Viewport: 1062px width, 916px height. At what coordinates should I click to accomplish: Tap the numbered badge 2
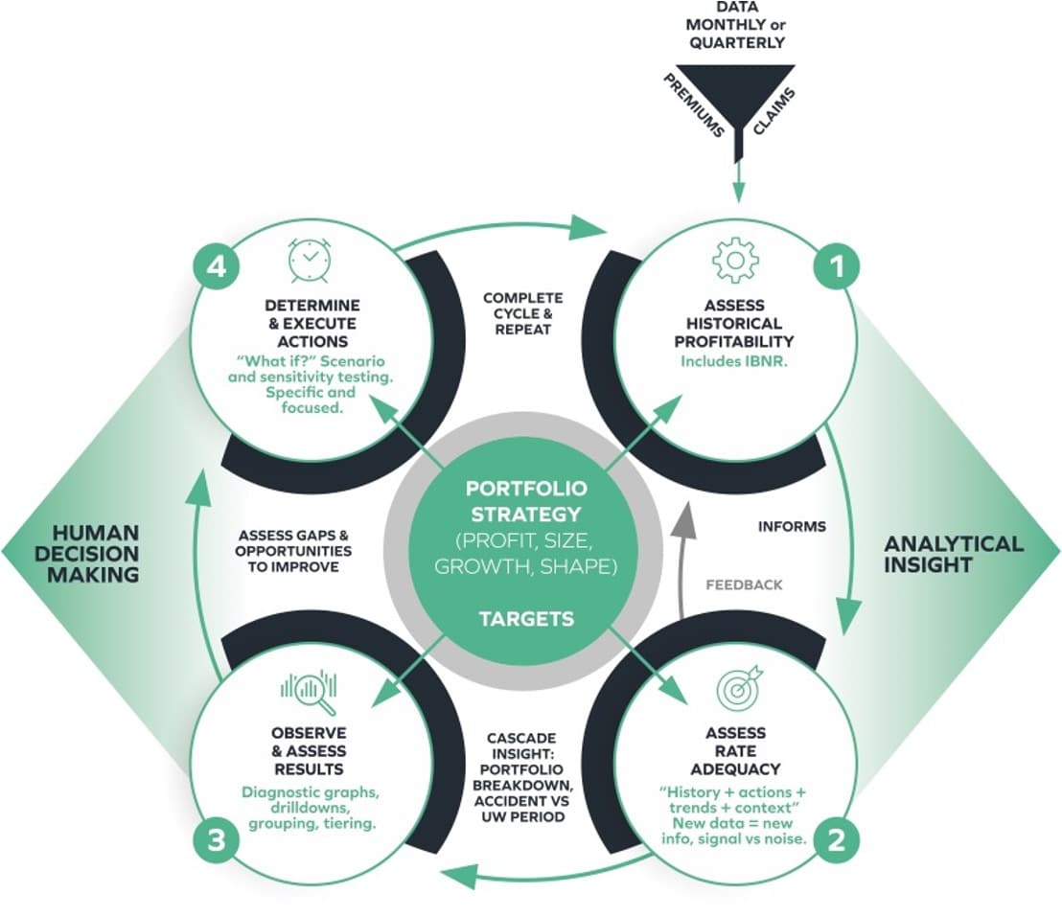(836, 841)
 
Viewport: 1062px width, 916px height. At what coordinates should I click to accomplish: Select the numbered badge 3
(217, 841)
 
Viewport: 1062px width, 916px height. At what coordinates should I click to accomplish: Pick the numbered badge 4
(217, 267)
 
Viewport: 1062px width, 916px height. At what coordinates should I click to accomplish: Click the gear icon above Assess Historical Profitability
(735, 260)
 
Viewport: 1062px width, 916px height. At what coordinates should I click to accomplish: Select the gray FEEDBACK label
(744, 584)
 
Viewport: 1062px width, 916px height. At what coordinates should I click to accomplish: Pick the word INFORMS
(792, 526)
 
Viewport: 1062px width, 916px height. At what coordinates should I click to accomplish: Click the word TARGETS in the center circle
(526, 619)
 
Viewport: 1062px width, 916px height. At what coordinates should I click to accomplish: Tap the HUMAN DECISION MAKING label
(95, 553)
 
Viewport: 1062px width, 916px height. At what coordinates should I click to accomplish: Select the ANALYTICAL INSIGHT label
(953, 554)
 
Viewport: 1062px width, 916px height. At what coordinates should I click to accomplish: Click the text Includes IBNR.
(734, 362)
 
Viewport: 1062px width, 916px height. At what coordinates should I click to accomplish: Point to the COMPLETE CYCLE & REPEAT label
(522, 312)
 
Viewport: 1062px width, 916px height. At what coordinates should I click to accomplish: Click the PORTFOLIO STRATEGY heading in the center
(526, 501)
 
